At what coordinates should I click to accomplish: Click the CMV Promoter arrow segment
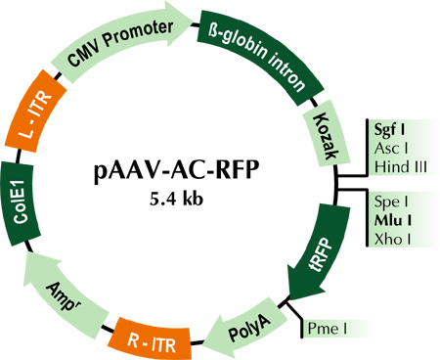(x=120, y=42)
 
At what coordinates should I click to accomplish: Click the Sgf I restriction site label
(x=389, y=129)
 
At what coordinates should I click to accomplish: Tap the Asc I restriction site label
(x=391, y=149)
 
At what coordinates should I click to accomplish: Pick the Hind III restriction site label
(x=401, y=167)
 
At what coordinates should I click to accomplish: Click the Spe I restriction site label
(x=391, y=202)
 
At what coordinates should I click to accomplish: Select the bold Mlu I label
(x=393, y=221)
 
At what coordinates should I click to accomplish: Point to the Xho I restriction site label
(x=392, y=240)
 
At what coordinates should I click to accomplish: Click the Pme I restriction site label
(x=328, y=329)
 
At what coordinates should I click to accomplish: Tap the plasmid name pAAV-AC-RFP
(x=177, y=170)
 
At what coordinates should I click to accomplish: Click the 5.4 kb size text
(x=176, y=198)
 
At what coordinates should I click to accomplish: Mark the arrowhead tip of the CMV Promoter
(x=193, y=20)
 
